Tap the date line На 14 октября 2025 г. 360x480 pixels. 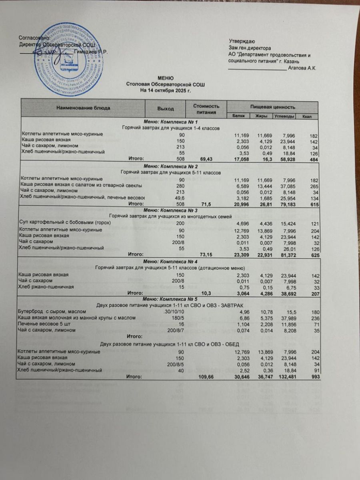click(165, 91)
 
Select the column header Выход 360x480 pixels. click(166, 108)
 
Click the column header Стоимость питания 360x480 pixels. click(206, 109)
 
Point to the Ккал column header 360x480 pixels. click(307, 116)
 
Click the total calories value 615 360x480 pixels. click(313, 204)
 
